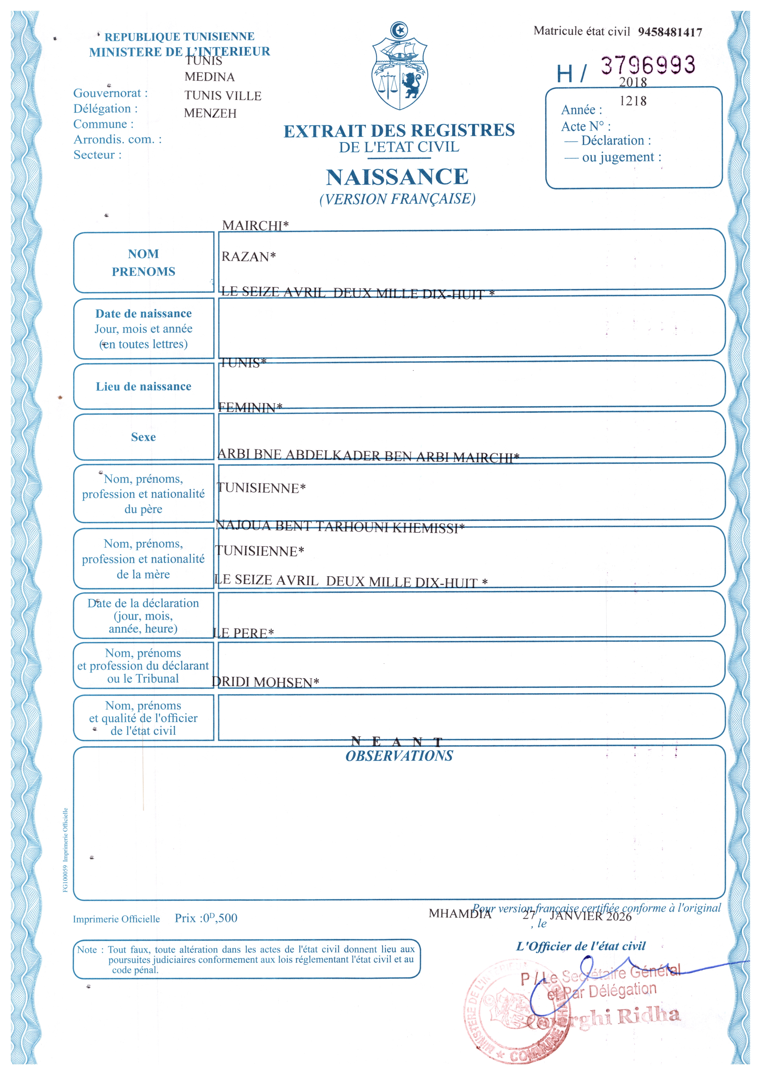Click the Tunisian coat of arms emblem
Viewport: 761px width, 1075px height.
click(x=399, y=66)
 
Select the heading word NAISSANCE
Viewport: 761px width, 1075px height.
click(x=397, y=177)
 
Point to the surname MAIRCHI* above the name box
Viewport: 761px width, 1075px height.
click(x=255, y=226)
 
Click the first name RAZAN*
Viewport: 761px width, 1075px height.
click(x=248, y=257)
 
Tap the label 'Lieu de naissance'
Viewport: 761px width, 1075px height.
click(x=143, y=386)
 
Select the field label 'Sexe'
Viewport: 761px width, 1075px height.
click(x=143, y=437)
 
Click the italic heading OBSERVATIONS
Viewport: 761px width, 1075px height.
click(x=399, y=756)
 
